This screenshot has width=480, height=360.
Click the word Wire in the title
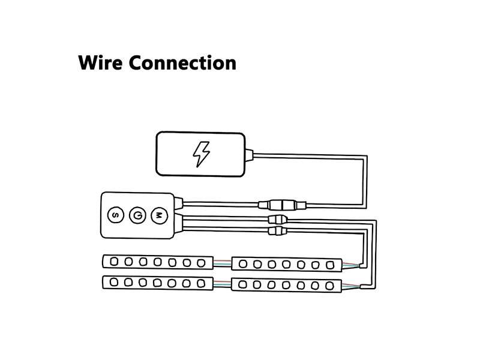(100, 63)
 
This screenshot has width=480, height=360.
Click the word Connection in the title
(182, 63)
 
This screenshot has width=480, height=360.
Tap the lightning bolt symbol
(201, 154)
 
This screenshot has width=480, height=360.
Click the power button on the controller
(137, 215)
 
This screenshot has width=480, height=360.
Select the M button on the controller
(159, 215)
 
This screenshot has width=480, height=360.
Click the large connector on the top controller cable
(282, 205)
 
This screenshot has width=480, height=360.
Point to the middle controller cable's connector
(278, 219)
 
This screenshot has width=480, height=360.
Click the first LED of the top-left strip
(114, 262)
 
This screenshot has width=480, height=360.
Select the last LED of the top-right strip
(329, 265)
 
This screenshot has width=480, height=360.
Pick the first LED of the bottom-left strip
(114, 282)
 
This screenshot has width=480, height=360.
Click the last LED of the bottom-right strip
(329, 286)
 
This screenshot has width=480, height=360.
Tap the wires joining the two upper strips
(222, 263)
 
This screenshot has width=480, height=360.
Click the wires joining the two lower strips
(222, 284)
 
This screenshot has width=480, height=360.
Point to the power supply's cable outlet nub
(249, 154)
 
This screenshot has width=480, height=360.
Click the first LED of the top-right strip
(243, 264)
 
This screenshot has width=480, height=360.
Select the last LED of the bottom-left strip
(201, 283)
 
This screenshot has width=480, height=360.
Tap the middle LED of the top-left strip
(158, 262)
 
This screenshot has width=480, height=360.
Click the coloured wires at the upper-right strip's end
(351, 265)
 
